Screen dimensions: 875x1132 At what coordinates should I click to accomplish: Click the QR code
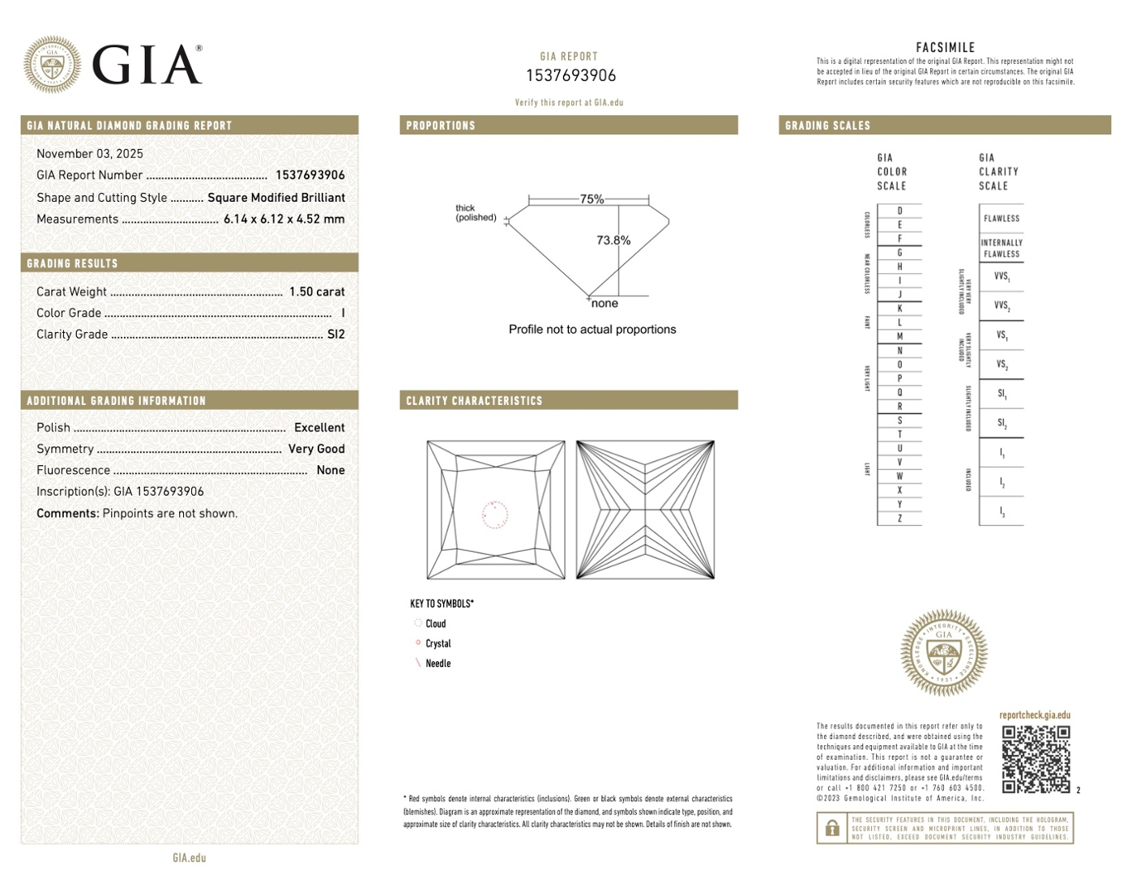pyautogui.click(x=1036, y=759)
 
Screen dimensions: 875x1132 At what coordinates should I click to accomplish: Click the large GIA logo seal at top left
pyautogui.click(x=53, y=64)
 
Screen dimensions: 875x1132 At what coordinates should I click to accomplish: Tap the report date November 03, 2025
pyautogui.click(x=90, y=154)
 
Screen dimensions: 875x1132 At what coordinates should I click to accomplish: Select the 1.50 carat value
pyautogui.click(x=317, y=292)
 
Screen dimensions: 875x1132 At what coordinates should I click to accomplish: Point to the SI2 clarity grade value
pyautogui.click(x=335, y=334)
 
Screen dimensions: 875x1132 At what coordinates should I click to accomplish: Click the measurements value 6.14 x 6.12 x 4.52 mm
pyautogui.click(x=284, y=219)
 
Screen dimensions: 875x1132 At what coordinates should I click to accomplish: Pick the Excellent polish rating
pyautogui.click(x=319, y=428)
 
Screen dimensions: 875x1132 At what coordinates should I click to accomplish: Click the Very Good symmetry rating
pyautogui.click(x=316, y=449)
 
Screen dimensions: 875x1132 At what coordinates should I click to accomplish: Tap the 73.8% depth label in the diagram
pyautogui.click(x=613, y=241)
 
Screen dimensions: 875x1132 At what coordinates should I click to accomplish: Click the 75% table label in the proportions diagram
pyautogui.click(x=592, y=199)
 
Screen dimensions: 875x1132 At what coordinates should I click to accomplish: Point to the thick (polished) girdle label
pyautogui.click(x=476, y=213)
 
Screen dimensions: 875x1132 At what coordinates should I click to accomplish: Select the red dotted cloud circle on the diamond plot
pyautogui.click(x=495, y=514)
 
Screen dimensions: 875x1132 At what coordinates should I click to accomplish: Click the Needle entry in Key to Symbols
pyautogui.click(x=438, y=664)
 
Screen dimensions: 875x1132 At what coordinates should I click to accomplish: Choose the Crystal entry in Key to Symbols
pyautogui.click(x=438, y=643)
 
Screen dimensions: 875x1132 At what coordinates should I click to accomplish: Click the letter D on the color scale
pyautogui.click(x=899, y=211)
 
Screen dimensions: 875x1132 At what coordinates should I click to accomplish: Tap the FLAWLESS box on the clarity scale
pyautogui.click(x=1002, y=219)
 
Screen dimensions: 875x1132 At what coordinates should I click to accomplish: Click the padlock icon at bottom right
pyautogui.click(x=832, y=829)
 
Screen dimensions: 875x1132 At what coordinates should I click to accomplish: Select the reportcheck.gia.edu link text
pyautogui.click(x=1035, y=715)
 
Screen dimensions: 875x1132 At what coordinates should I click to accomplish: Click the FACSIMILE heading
pyautogui.click(x=945, y=48)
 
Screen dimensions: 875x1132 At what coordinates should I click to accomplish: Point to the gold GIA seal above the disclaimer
pyautogui.click(x=944, y=653)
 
